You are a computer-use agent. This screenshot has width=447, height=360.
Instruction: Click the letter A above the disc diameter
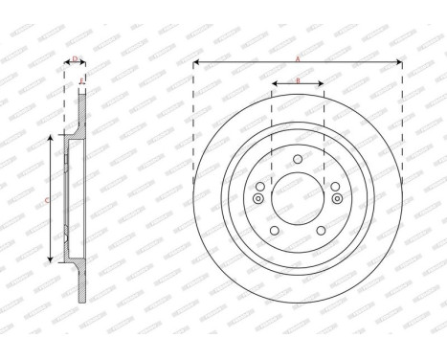[298, 59]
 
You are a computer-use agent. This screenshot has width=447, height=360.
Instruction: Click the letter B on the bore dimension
[298, 80]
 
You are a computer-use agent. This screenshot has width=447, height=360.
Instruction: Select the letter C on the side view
[48, 199]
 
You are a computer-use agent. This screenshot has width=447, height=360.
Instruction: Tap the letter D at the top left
[76, 59]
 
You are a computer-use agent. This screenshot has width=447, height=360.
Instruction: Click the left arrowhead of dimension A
[196, 63]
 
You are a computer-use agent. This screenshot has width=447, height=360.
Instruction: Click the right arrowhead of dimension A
[399, 63]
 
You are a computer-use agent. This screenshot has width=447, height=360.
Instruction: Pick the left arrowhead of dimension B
[274, 84]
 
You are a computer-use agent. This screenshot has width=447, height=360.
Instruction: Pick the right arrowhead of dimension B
[322, 84]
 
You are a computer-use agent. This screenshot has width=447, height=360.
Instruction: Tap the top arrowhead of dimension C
[52, 140]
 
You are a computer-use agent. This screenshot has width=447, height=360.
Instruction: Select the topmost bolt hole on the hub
[298, 159]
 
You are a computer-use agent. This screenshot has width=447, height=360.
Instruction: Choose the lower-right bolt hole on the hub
[322, 230]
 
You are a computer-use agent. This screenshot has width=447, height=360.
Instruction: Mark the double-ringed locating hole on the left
[257, 198]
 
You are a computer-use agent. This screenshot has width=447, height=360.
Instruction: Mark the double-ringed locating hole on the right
[338, 198]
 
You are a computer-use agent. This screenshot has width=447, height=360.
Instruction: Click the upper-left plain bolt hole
[260, 185]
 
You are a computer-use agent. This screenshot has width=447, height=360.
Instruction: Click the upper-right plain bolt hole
[335, 185]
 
